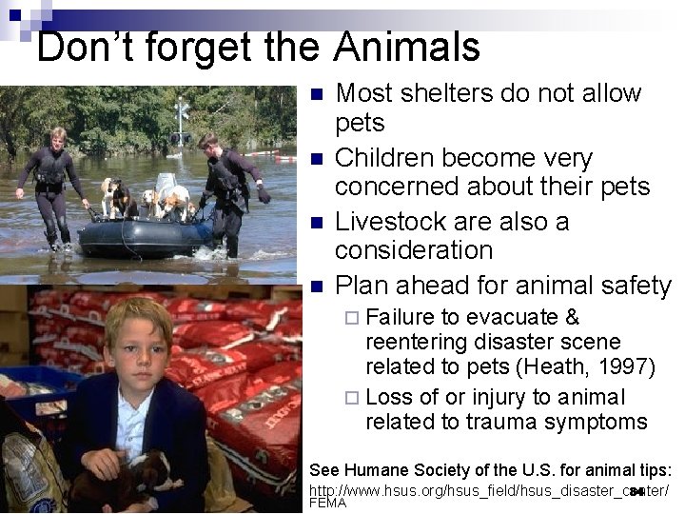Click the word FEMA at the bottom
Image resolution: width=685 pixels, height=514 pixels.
328,503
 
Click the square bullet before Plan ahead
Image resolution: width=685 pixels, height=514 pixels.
318,287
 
